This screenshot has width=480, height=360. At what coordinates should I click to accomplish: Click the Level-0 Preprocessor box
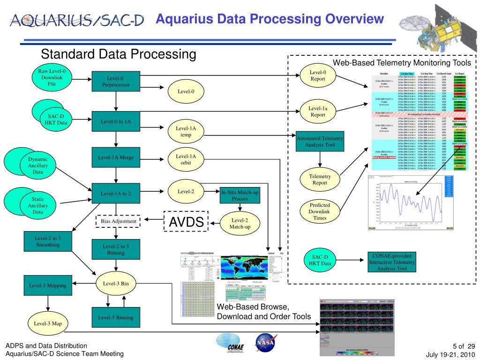[x=115, y=82]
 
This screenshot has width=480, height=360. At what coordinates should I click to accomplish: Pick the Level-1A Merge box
[x=115, y=158]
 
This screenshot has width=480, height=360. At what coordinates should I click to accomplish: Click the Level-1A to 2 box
[x=115, y=193]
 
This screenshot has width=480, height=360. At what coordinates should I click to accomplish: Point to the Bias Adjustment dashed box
[x=118, y=221]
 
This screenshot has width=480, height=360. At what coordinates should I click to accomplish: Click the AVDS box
[x=186, y=223]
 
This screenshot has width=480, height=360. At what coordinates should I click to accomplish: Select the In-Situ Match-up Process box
[x=240, y=195]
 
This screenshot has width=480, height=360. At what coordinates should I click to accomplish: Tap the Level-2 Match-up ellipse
[x=240, y=223]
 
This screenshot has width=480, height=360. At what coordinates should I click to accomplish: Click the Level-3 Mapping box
[x=47, y=285]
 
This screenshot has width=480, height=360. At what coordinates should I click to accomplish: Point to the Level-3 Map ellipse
[x=47, y=323]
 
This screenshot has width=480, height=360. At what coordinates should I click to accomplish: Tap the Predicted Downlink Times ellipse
[x=320, y=211]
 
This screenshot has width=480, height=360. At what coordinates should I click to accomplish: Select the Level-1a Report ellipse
[x=318, y=112]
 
